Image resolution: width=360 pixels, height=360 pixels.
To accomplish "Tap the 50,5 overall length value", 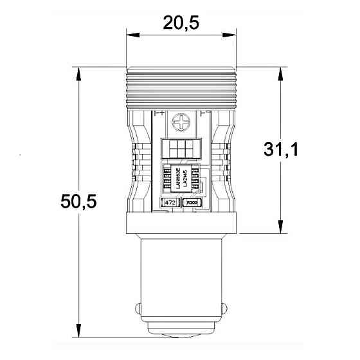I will click(x=78, y=201).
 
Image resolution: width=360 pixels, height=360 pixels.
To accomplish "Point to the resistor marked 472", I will click(x=171, y=203).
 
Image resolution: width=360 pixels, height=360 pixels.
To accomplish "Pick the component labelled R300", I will click(x=192, y=203).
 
